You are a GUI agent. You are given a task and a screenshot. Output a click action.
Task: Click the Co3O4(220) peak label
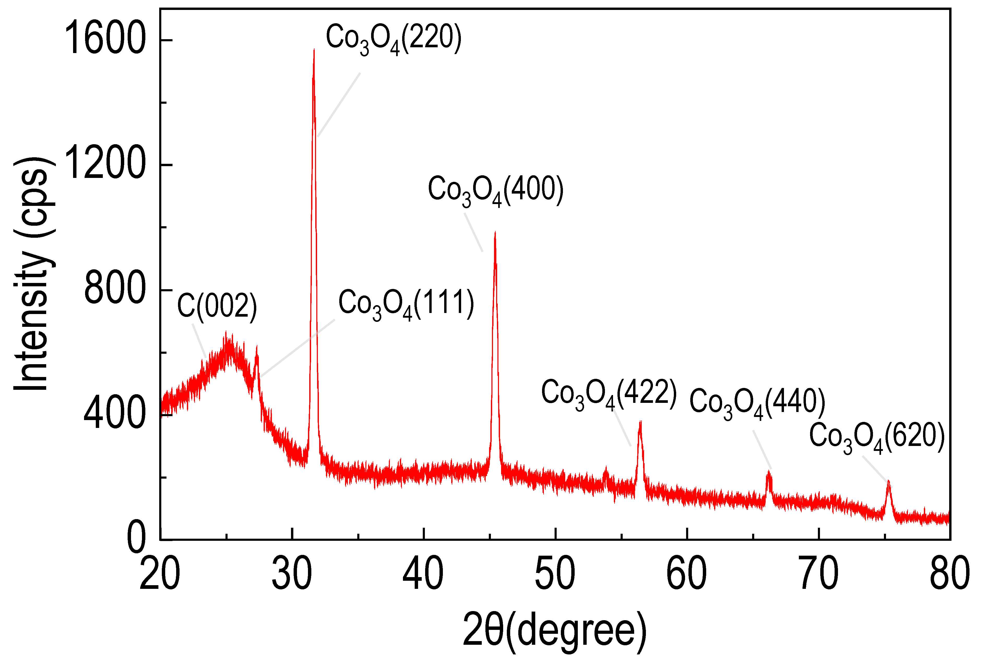point(394,39)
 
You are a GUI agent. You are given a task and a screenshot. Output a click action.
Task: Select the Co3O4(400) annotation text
point(496,191)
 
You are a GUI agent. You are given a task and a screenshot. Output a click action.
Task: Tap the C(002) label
point(217,306)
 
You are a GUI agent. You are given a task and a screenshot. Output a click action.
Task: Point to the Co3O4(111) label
point(406,304)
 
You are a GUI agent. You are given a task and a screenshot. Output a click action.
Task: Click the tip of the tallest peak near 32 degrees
point(314,50)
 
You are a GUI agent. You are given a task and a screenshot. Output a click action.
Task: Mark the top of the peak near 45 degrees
point(495,232)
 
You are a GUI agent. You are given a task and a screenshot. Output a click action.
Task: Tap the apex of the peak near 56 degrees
point(640,421)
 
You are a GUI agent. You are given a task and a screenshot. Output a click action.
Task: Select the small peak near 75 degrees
point(888,481)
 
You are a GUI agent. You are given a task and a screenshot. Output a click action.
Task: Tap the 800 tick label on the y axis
point(115,290)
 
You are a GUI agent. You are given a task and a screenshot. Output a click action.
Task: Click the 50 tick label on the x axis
point(555,574)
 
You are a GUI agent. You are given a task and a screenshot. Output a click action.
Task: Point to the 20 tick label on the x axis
point(160,574)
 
